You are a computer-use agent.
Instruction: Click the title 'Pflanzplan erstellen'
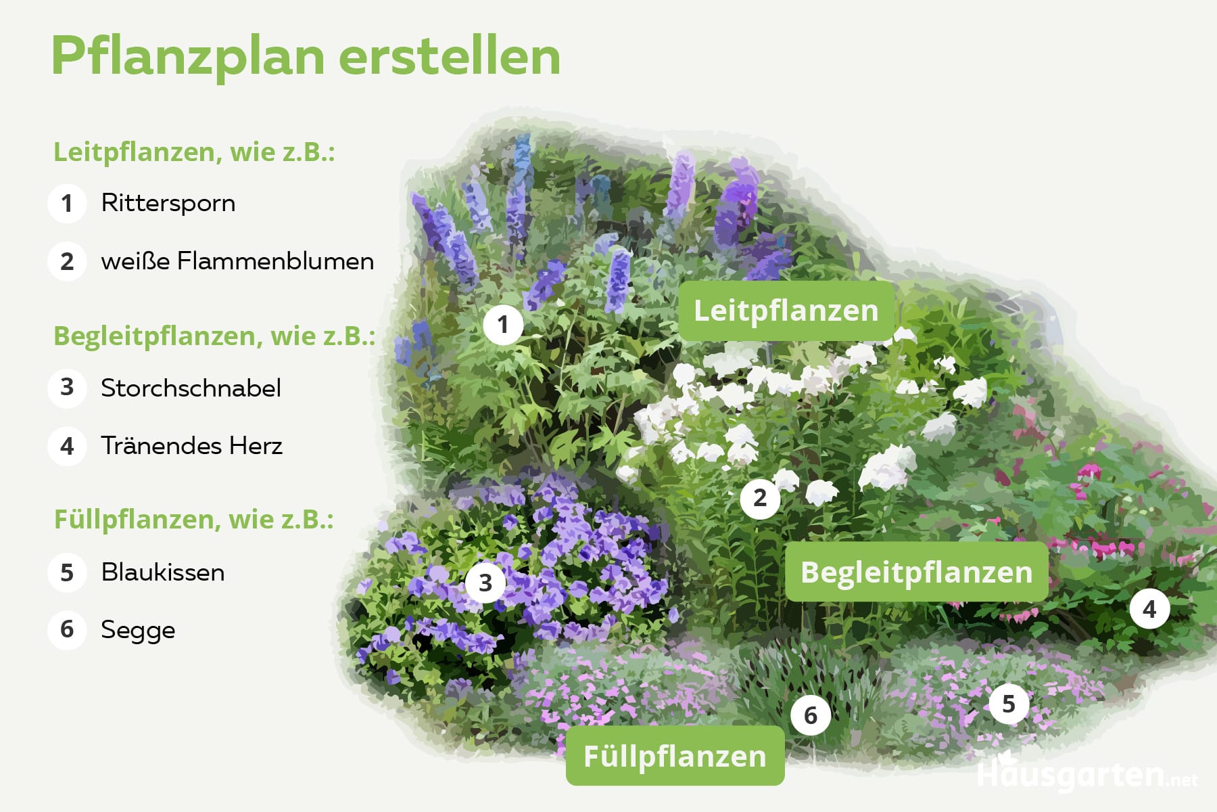pos(306,57)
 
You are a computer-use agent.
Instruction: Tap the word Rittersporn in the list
pos(168,203)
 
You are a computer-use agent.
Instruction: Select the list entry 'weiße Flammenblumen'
pos(237,261)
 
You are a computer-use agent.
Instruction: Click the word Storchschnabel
pos(191,388)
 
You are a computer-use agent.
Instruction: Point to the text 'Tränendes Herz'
pos(191,446)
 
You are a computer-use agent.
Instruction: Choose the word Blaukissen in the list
pos(163,572)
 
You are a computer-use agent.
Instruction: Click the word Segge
pos(138,630)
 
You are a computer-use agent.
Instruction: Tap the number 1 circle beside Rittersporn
pos(67,203)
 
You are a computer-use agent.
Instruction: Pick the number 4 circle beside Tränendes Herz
pos(67,447)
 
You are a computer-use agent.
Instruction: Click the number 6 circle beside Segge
pos(67,630)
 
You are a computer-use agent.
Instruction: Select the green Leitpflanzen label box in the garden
pos(786,311)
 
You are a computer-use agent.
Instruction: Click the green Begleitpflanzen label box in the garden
pos(916,572)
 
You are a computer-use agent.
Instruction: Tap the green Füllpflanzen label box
pos(675,756)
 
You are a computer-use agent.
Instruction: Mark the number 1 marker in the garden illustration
pos(503,325)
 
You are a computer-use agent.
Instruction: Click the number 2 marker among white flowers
pos(760,499)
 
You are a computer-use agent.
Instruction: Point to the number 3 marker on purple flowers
pos(485,583)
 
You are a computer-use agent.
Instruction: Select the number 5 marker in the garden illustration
pos(1009,704)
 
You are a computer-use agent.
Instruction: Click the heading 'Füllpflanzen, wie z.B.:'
pos(194,520)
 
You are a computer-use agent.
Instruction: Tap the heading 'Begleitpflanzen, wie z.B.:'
pos(214,336)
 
